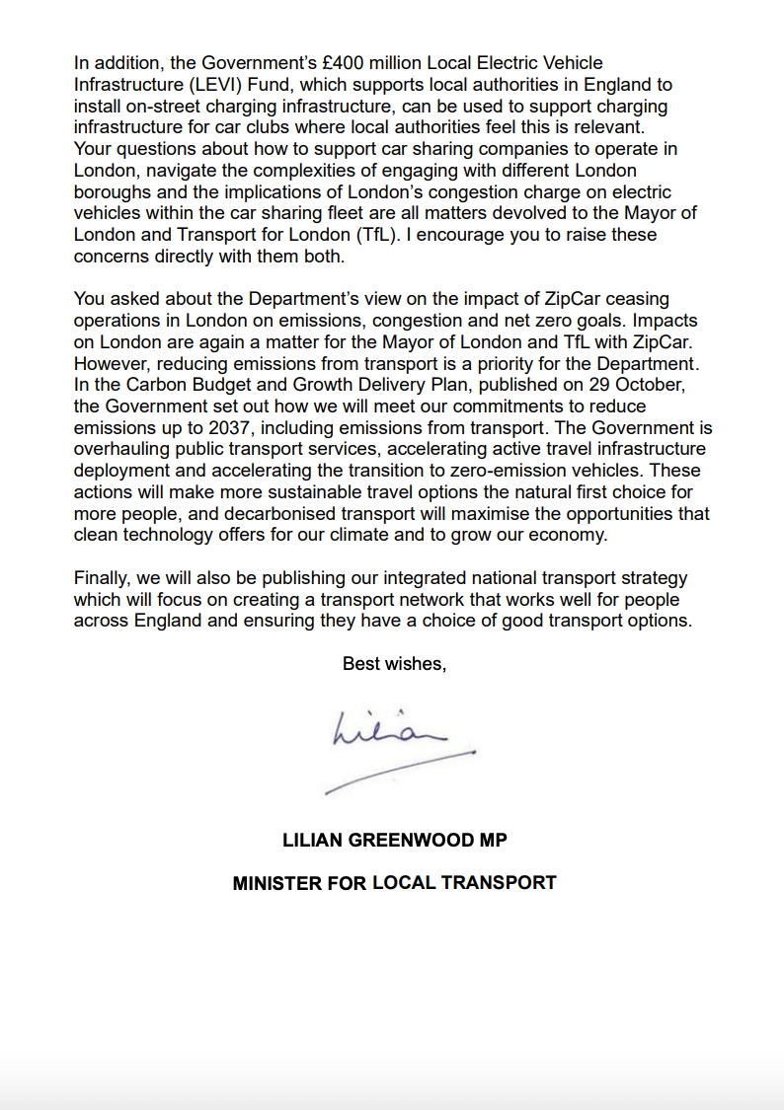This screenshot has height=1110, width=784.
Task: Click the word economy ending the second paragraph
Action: pyautogui.click(x=570, y=536)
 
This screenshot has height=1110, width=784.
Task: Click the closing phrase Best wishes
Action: pyautogui.click(x=394, y=664)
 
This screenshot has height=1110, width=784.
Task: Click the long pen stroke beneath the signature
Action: pyautogui.click(x=400, y=772)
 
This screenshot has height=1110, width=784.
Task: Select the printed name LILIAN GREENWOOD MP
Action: pyautogui.click(x=394, y=841)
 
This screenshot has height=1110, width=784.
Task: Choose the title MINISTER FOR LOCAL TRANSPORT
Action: pyautogui.click(x=394, y=883)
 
